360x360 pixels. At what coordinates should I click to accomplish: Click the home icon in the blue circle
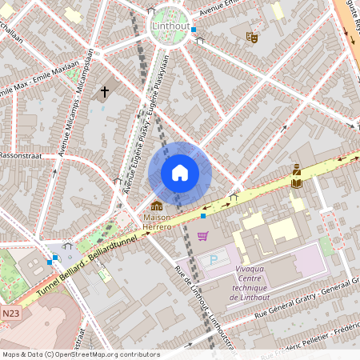click(x=180, y=173)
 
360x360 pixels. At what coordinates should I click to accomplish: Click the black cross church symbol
click(x=104, y=93)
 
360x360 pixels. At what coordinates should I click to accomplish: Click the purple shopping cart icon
click(x=202, y=236)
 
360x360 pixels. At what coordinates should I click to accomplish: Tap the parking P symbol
click(x=213, y=260)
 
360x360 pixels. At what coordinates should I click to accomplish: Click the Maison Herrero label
click(x=157, y=222)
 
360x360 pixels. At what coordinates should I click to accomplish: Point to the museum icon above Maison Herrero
click(x=157, y=206)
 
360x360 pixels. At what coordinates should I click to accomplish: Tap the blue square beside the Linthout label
click(x=194, y=29)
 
